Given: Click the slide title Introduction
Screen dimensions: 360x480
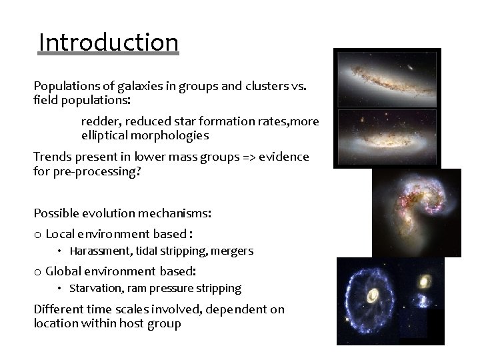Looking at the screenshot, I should (x=109, y=43).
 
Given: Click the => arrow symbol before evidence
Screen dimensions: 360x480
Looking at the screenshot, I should (x=250, y=157).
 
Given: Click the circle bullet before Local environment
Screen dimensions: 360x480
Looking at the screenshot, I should (x=37, y=234).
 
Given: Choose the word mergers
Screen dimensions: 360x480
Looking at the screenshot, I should (x=232, y=251).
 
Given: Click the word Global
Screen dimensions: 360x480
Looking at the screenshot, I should (x=63, y=271).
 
